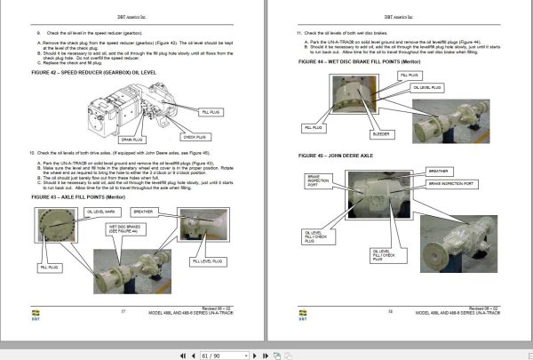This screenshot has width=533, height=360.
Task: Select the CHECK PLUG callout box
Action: [195, 137]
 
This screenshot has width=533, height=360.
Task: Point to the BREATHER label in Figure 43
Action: [144, 212]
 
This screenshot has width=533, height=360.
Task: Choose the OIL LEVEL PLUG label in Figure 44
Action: [409, 86]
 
